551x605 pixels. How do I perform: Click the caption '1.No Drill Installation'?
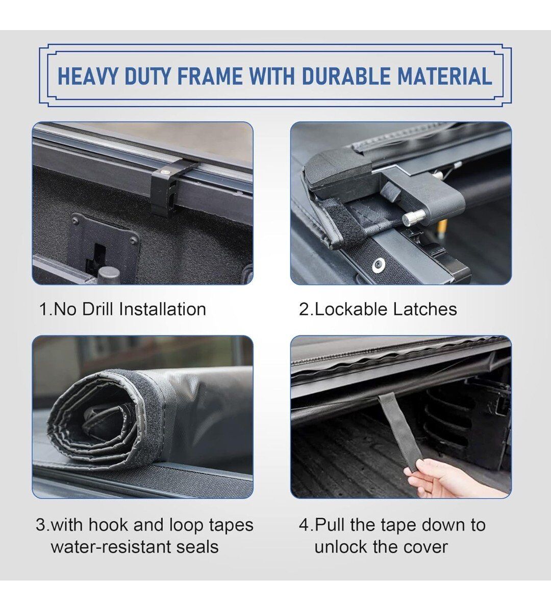pyautogui.click(x=123, y=309)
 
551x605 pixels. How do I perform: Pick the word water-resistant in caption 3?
pyautogui.click(x=110, y=547)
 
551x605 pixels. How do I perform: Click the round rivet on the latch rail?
pyautogui.click(x=378, y=265)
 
